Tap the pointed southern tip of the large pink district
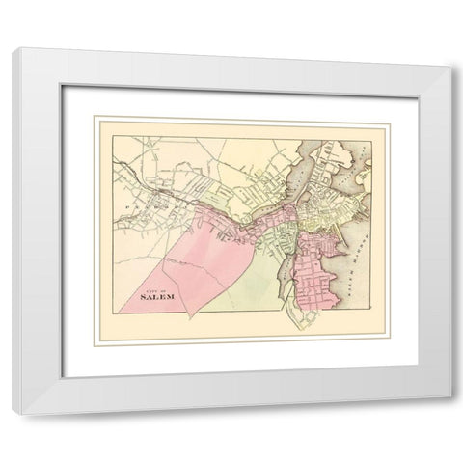pos(191,316)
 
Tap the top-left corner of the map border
pos(96,119)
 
